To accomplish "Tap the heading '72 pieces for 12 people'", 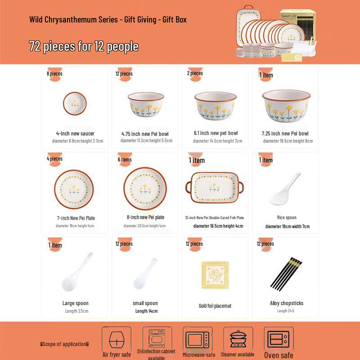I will (x=84, y=46).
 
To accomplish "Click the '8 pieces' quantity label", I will (x=54, y=73).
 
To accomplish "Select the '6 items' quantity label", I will (x=125, y=159).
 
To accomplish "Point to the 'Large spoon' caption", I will (x=75, y=303).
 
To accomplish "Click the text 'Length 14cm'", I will (x=146, y=311).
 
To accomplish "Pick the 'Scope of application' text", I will (x=64, y=344).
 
